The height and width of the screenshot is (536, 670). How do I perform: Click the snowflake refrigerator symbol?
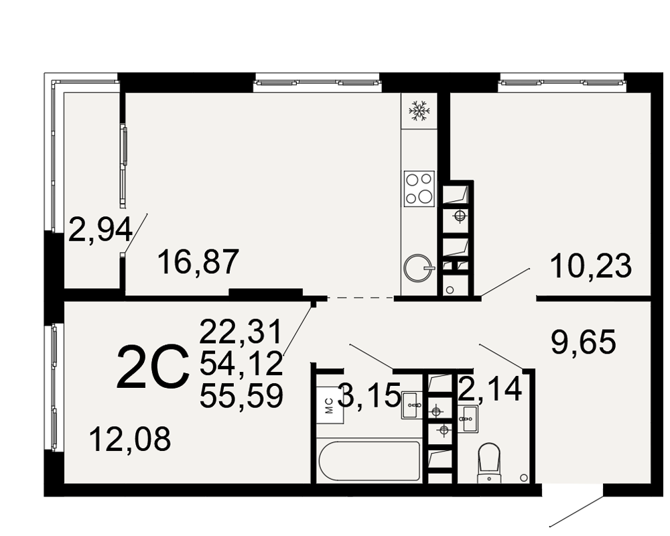(419, 111)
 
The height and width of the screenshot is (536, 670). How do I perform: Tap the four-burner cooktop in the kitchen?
(419, 188)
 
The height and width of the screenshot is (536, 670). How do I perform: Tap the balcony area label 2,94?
(101, 229)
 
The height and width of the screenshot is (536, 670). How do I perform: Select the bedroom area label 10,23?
(591, 265)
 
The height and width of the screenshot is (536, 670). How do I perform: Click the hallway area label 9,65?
(584, 342)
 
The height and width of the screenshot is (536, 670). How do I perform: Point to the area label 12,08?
(131, 439)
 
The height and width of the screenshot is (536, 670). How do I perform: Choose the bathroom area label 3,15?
(369, 395)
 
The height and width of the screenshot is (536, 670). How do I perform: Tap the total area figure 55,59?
(241, 395)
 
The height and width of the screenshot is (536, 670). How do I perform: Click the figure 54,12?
(241, 363)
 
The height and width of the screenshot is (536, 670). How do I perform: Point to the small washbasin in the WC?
(469, 419)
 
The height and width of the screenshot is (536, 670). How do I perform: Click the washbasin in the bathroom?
(412, 405)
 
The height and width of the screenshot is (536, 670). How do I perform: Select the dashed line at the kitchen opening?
(360, 297)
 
